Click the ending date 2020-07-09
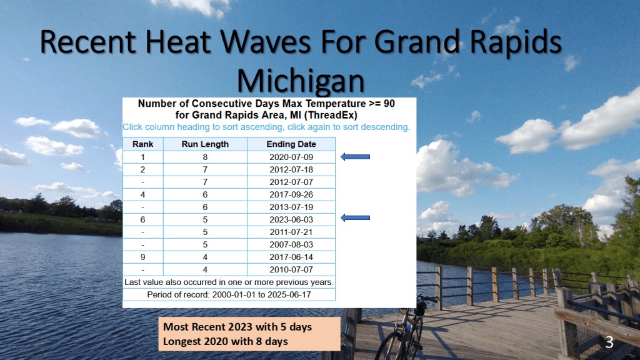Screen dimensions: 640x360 click(291, 157)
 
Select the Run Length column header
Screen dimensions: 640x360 click(205, 144)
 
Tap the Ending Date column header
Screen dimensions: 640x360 click(291, 144)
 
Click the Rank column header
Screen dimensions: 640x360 click(143, 144)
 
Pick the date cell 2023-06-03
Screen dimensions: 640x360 click(291, 219)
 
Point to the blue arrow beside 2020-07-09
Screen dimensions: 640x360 click(355, 157)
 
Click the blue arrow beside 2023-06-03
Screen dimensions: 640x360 click(355, 218)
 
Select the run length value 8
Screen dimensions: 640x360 click(205, 157)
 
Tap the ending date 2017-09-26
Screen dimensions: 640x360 click(291, 195)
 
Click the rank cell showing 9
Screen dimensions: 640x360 click(143, 257)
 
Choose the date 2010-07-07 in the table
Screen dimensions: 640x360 click(291, 270)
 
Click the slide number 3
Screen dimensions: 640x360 click(609, 342)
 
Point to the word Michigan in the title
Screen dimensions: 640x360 click(301, 81)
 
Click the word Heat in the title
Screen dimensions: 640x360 click(177, 42)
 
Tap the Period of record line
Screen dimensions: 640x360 click(229, 295)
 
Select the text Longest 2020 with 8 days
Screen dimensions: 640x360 click(225, 341)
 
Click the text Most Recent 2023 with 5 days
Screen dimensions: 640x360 click(237, 327)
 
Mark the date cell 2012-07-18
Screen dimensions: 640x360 click(291, 170)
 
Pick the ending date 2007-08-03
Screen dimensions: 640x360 click(291, 244)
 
